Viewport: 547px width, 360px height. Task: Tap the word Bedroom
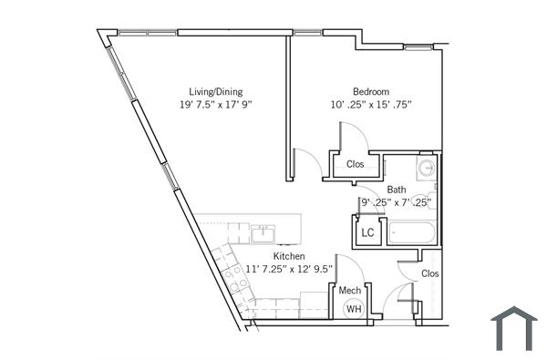[371, 91]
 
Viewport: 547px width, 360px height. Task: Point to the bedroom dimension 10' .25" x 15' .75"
[371, 105]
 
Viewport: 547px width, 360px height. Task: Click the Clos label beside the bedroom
[355, 165]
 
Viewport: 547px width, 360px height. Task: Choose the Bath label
[396, 190]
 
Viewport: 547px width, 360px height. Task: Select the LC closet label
[367, 232]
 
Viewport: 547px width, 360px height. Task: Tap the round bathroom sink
[426, 167]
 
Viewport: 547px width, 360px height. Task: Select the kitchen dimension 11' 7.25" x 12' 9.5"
[289, 270]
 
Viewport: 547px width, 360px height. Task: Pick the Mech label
[349, 291]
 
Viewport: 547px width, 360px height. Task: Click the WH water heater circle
[352, 309]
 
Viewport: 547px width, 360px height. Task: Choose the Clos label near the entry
[429, 273]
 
